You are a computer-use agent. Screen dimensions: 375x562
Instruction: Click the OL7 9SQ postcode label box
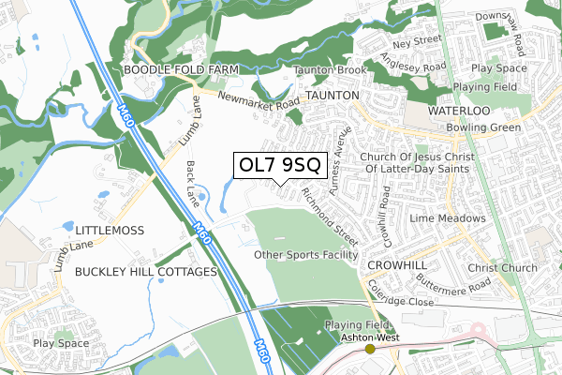pyautogui.click(x=280, y=165)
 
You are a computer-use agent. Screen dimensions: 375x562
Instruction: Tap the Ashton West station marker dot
pyautogui.click(x=370, y=348)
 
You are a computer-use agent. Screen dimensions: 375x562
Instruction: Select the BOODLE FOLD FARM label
pyautogui.click(x=181, y=70)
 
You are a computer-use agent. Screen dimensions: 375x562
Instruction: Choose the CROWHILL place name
pyautogui.click(x=397, y=265)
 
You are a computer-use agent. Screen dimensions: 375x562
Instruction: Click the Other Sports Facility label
pyautogui.click(x=306, y=255)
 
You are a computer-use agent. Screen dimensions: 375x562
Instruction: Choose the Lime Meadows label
pyautogui.click(x=454, y=218)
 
